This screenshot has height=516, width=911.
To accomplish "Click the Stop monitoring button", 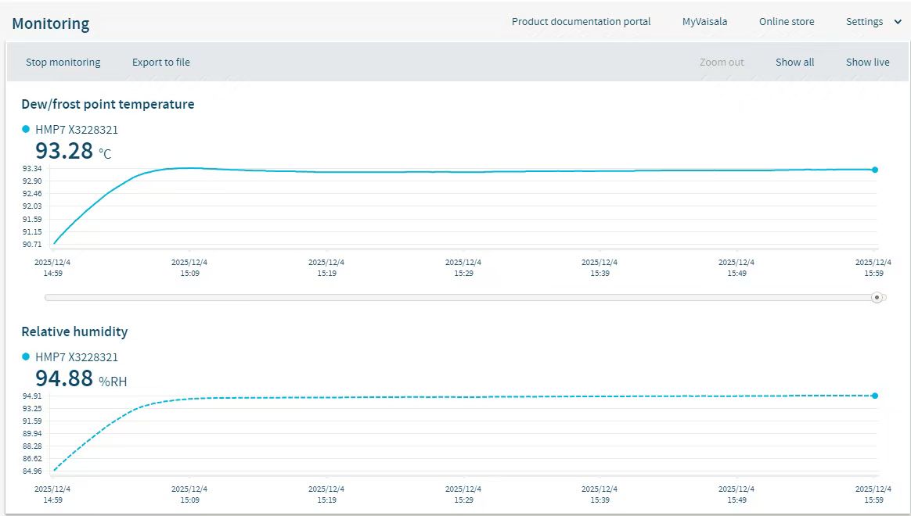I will [63, 63].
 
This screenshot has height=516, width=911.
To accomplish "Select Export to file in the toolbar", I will [160, 63].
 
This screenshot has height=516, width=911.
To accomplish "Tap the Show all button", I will [794, 63].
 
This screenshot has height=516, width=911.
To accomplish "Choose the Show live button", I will [867, 63].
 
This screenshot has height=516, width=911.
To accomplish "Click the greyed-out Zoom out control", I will [722, 63].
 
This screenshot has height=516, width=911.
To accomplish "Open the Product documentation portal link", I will [581, 22].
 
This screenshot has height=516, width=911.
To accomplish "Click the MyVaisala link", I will [704, 22].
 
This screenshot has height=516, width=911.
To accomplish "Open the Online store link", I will [787, 22].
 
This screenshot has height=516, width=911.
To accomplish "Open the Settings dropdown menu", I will [873, 22].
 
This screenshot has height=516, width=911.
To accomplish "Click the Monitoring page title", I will [51, 24].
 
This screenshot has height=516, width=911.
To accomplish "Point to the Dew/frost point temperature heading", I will [108, 104].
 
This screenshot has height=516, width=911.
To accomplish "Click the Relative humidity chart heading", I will [74, 331].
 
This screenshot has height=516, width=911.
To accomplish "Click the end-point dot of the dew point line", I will [875, 170].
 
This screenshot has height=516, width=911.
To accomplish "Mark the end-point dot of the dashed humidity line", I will [875, 396].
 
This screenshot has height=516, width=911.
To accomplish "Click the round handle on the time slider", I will [877, 297].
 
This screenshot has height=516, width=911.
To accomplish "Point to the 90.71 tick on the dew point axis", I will [32, 245].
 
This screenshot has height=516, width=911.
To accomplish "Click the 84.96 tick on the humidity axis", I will [32, 471].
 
